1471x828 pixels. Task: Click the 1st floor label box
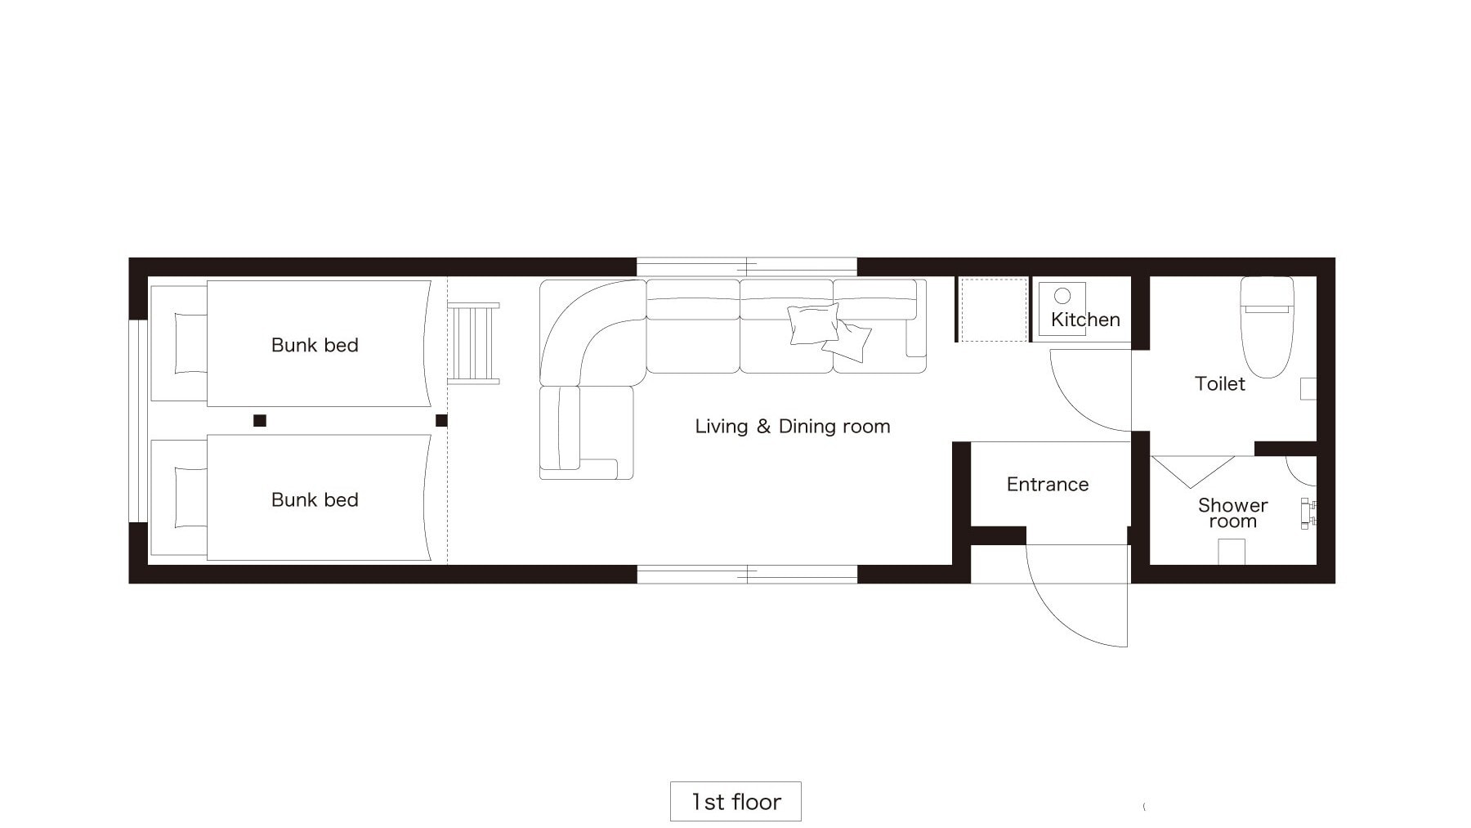[x=735, y=801]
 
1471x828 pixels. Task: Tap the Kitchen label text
[x=1085, y=320]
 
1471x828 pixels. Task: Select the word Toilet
[x=1219, y=383]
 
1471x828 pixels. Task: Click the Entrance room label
[x=1048, y=485]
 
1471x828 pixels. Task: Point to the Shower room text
[x=1233, y=513]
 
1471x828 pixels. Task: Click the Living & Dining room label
[x=793, y=426]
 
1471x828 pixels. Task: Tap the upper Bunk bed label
[x=315, y=345]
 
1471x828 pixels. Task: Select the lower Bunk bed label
[x=315, y=499]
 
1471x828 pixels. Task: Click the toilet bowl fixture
[x=1267, y=326]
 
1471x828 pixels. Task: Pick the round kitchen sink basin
[x=1062, y=295]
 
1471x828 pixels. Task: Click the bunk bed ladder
[x=473, y=343]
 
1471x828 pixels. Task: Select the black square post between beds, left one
[x=260, y=420]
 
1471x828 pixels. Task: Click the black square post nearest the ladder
[x=441, y=420]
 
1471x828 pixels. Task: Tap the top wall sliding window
[x=747, y=266]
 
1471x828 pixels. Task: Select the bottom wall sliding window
[x=747, y=574]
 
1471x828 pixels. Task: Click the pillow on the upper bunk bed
[x=190, y=343]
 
